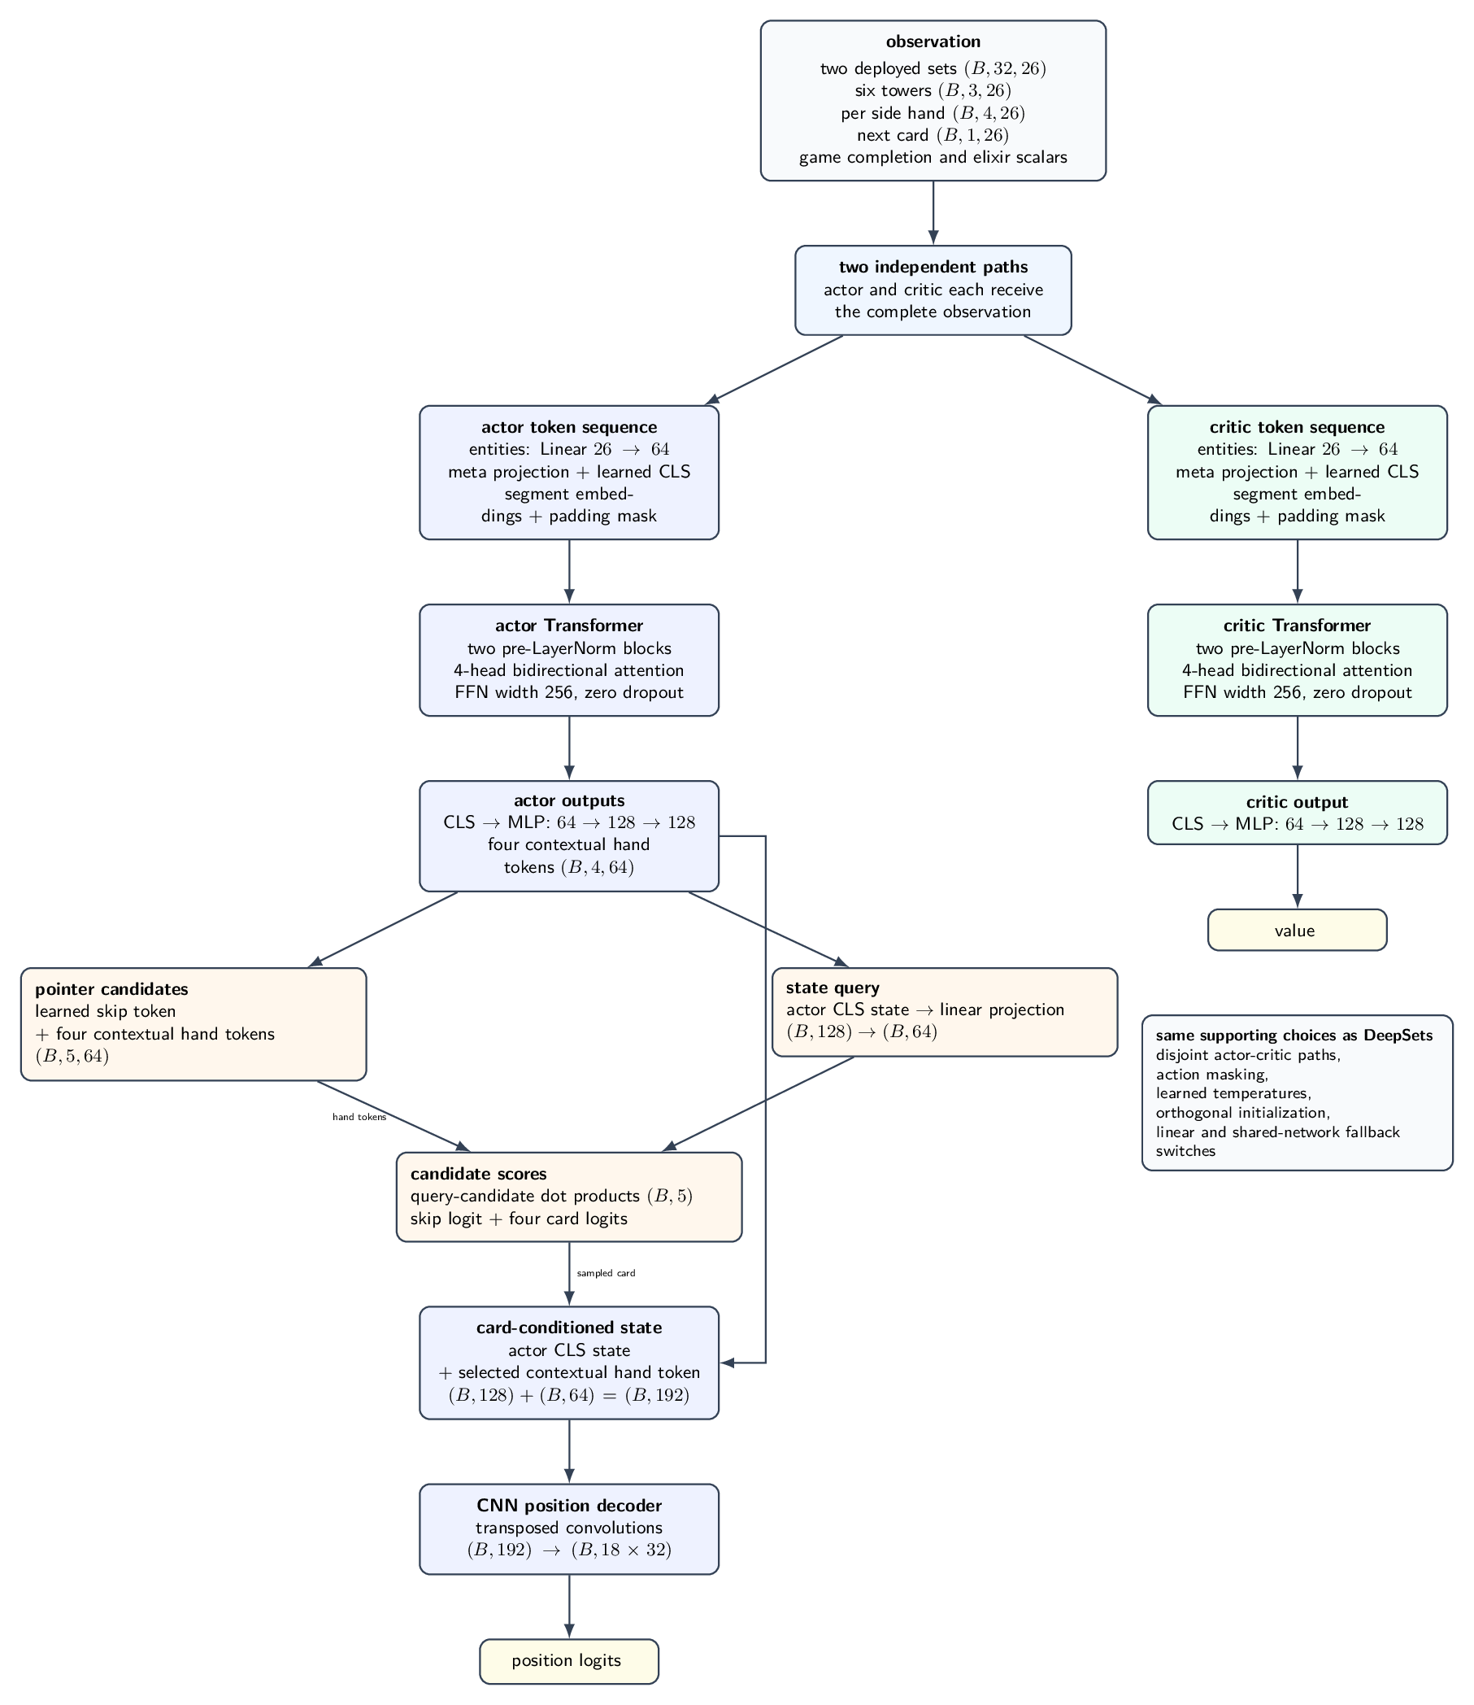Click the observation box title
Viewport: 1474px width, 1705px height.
tap(933, 42)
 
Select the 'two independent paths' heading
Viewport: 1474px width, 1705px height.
tap(933, 268)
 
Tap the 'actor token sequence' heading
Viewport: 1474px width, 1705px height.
tap(569, 428)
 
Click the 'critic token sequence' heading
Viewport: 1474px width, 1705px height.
tap(1297, 428)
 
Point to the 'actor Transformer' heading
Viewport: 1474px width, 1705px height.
tap(569, 626)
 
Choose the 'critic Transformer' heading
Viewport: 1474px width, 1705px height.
tap(1297, 626)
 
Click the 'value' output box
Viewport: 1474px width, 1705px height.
tap(1297, 930)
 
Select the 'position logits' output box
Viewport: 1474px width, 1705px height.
tap(569, 1659)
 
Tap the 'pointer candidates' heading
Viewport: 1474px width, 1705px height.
tap(112, 988)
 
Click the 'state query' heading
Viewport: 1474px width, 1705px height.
tap(833, 988)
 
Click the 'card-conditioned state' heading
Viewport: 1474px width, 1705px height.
tap(569, 1328)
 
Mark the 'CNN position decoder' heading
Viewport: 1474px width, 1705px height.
tap(569, 1506)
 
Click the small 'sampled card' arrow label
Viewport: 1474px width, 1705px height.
tap(607, 1273)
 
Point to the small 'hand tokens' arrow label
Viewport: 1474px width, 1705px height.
tap(359, 1118)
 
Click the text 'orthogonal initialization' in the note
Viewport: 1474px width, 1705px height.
tap(1241, 1114)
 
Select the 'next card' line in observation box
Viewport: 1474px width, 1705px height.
tap(933, 134)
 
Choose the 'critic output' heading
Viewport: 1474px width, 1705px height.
tap(1297, 802)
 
